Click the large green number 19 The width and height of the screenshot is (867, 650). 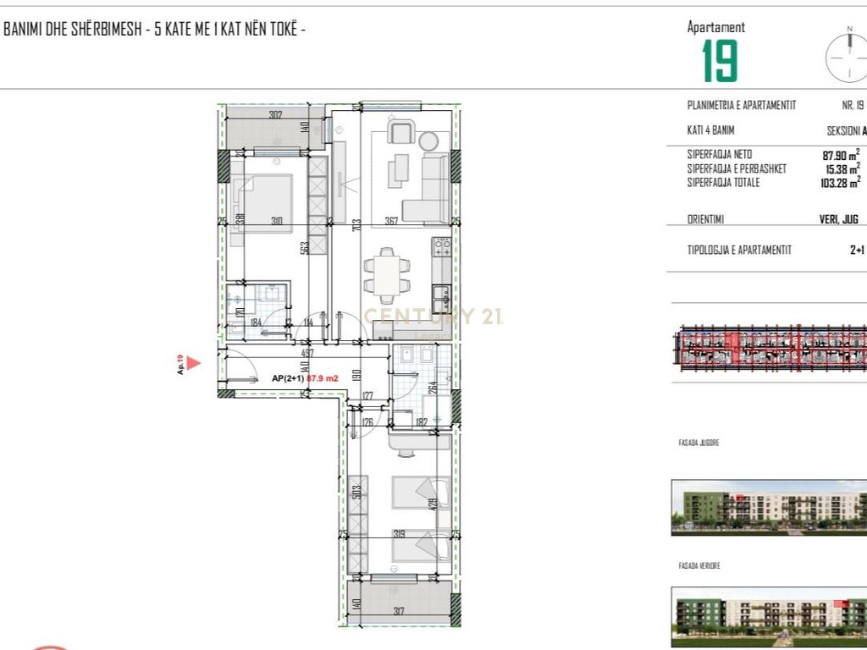point(720,61)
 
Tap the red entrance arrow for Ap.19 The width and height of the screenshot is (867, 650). point(193,364)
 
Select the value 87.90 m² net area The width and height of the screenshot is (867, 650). point(841,155)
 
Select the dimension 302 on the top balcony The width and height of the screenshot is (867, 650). point(275,114)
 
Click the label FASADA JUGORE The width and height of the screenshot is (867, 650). point(698,443)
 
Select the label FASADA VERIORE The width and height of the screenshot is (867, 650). point(699,565)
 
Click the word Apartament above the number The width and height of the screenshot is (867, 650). point(716,27)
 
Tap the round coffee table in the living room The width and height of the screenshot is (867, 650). point(429,140)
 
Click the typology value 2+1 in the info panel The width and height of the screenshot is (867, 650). point(857,250)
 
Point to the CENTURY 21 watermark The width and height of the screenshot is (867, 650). point(433,317)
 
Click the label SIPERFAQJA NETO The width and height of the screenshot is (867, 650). point(720,155)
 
